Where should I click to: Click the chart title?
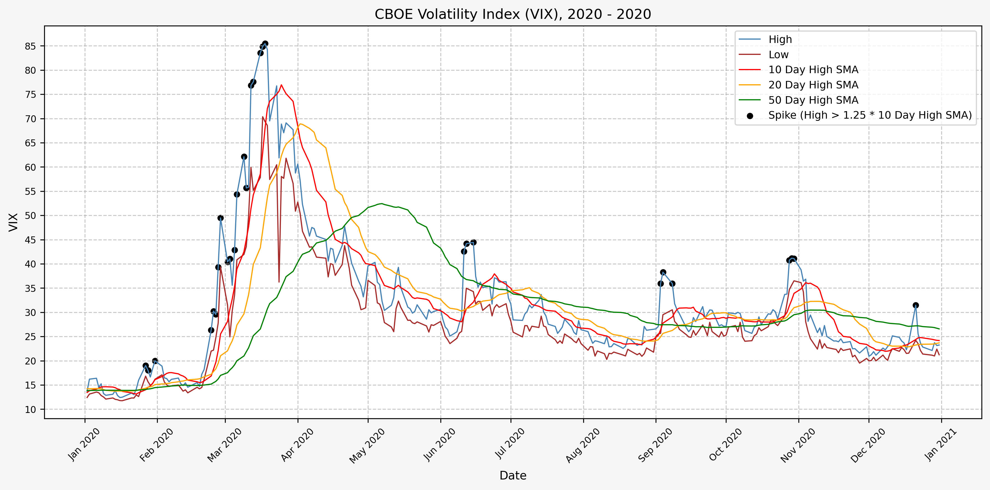(513, 14)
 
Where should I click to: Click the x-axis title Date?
(513, 475)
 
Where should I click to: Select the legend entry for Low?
(778, 55)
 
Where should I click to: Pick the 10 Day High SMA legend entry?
(813, 70)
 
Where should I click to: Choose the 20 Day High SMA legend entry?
(813, 85)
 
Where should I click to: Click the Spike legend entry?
(870, 115)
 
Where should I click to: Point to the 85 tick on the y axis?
(30, 46)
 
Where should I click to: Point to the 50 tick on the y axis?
(30, 216)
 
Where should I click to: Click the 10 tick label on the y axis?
(30, 410)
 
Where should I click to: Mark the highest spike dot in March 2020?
(265, 44)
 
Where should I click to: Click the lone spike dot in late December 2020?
(916, 305)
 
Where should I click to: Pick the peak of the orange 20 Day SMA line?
(300, 124)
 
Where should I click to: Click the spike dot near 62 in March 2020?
(244, 157)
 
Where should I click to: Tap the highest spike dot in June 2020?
(473, 242)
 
